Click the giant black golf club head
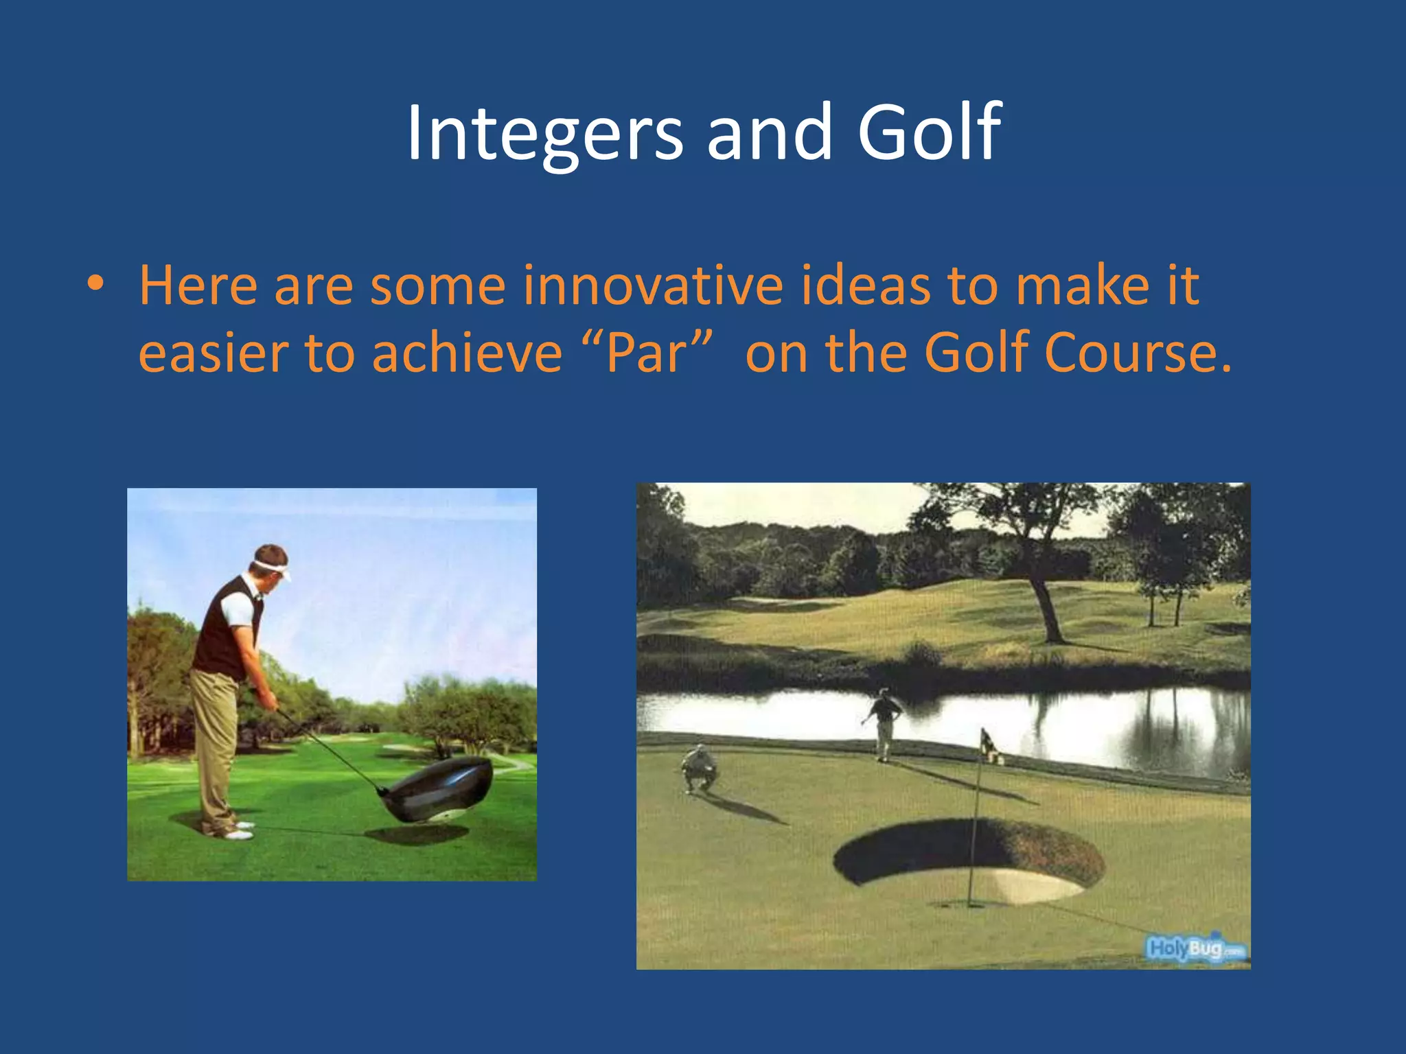[439, 789]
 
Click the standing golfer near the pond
[884, 724]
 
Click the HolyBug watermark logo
[1195, 949]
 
